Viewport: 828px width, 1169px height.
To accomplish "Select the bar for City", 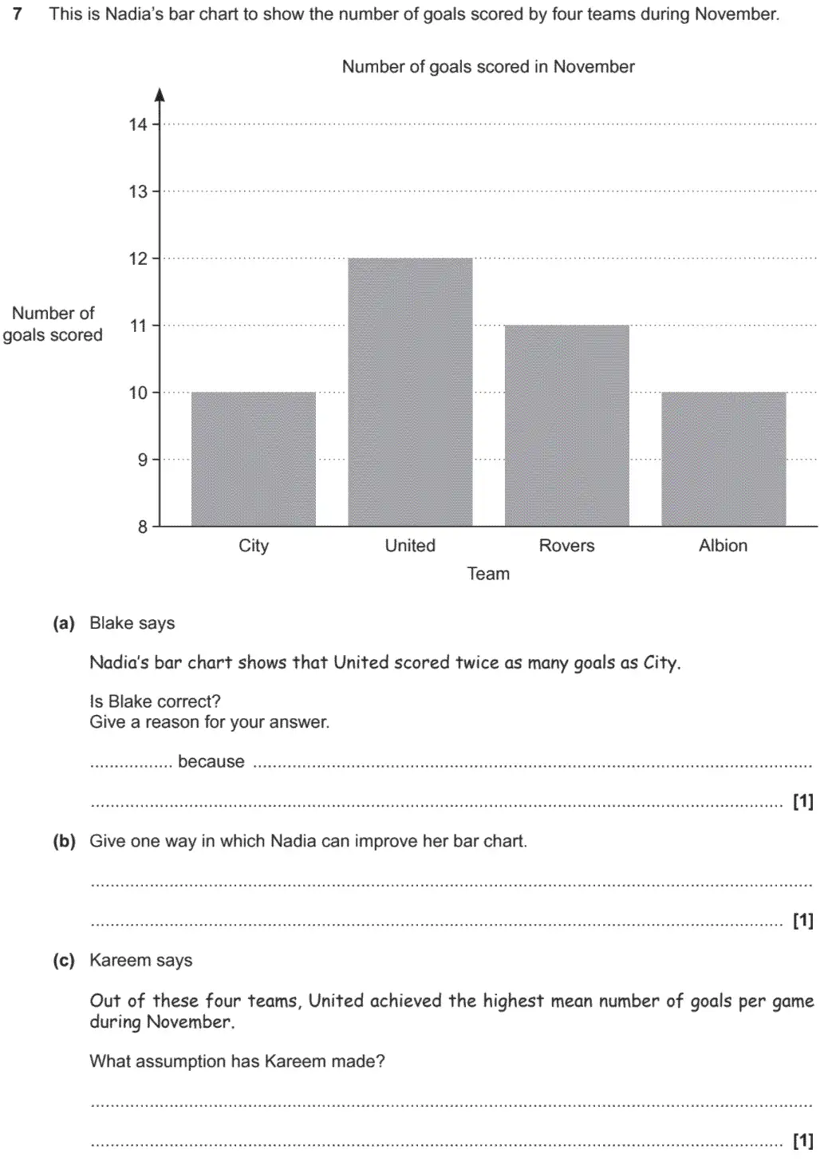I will (254, 459).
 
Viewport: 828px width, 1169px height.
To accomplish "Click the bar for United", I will (410, 392).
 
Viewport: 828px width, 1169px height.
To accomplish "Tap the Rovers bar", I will (566, 425).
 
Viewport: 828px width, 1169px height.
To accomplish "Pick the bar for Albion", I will (724, 459).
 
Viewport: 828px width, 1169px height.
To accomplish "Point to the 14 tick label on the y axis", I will (138, 124).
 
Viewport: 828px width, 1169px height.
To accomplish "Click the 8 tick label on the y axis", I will (143, 527).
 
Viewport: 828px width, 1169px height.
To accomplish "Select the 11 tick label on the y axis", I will (138, 326).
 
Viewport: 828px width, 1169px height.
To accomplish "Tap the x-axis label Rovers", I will (566, 546).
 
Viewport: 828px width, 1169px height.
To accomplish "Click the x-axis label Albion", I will (723, 546).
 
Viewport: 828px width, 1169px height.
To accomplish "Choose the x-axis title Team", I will (488, 574).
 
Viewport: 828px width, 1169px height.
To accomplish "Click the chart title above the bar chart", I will (488, 67).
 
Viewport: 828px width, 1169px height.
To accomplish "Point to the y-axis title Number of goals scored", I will (53, 324).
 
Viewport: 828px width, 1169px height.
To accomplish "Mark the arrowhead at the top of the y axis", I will (160, 95).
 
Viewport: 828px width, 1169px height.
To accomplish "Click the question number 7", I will (18, 14).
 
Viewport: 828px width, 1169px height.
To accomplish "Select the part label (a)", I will (64, 623).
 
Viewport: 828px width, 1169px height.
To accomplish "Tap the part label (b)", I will (64, 841).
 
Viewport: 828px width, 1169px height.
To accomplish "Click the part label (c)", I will (64, 961).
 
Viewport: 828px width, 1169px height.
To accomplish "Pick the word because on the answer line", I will (211, 762).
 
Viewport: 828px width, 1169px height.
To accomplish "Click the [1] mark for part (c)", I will (802, 1141).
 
